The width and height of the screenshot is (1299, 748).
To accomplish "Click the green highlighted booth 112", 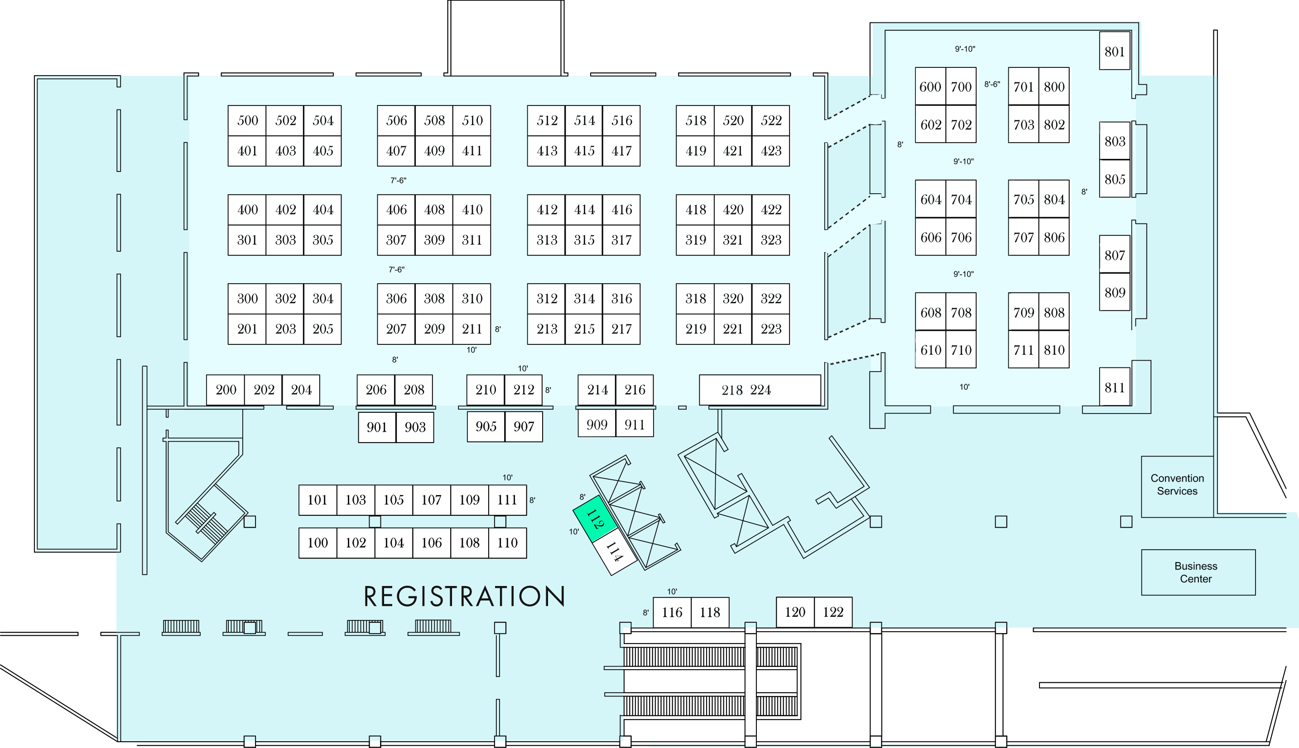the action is click(595, 519).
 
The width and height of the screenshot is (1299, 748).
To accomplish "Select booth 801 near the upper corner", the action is click(1115, 51).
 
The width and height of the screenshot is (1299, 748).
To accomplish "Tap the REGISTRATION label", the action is click(464, 596).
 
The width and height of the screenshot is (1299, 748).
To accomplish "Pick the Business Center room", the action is click(1198, 572).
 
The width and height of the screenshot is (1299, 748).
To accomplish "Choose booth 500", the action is click(247, 121).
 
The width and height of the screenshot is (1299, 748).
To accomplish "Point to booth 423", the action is click(770, 151).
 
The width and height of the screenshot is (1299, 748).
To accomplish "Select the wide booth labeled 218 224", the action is click(760, 390).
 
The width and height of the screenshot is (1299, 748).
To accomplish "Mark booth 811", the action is click(1115, 387).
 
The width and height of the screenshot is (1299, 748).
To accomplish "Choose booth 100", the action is click(318, 543).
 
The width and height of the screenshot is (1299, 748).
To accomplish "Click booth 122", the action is click(833, 612).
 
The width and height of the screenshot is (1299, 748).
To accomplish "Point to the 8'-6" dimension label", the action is click(992, 84).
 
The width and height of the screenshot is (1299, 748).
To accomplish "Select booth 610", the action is click(930, 350).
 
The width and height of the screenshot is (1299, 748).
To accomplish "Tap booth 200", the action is click(226, 390).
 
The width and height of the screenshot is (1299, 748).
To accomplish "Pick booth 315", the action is click(584, 240).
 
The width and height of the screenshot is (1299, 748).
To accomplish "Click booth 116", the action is click(672, 612).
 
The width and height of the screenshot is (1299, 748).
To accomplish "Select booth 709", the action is click(1024, 312).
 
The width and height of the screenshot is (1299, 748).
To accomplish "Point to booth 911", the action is click(635, 424).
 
